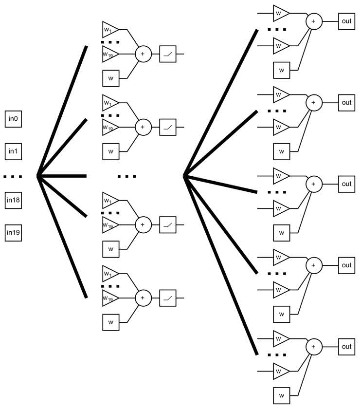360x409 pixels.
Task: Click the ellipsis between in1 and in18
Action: (13, 176)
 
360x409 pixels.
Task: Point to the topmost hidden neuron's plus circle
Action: (143, 54)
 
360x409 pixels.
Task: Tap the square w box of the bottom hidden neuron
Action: (111, 322)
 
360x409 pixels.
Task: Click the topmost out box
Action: (346, 21)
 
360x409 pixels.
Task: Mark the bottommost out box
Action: (346, 347)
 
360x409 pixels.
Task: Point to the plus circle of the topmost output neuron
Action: (313, 21)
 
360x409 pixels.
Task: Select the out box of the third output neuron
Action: (346, 184)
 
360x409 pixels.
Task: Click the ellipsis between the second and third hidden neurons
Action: (126, 176)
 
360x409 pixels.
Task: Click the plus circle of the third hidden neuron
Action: (143, 224)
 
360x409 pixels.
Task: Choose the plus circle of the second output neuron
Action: (313, 103)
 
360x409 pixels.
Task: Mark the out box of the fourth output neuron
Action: (346, 265)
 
